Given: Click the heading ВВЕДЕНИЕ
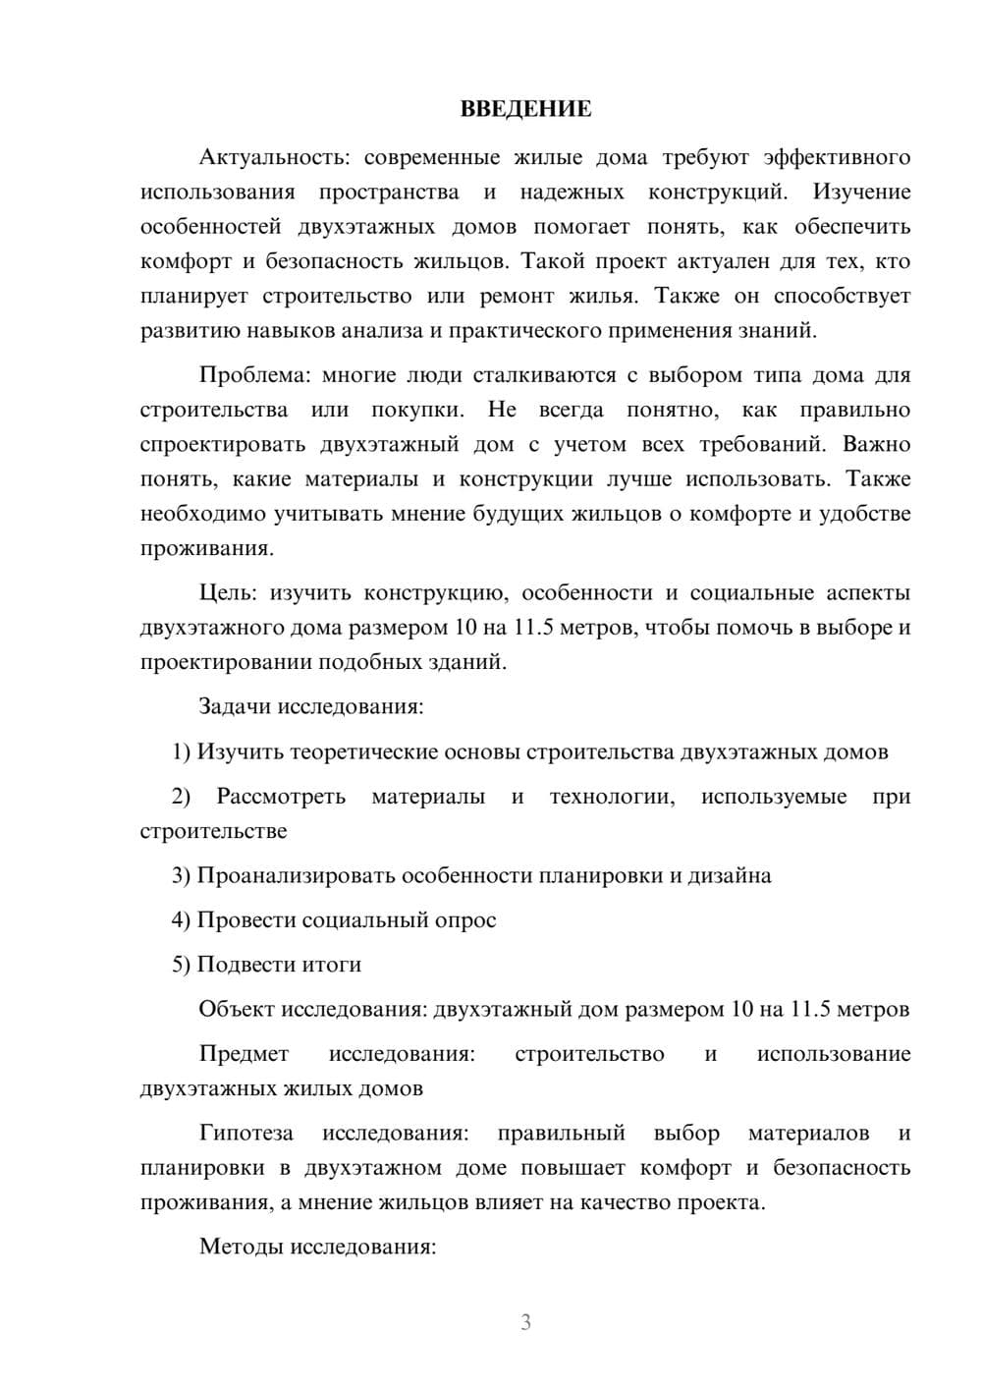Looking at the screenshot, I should pyautogui.click(x=525, y=109).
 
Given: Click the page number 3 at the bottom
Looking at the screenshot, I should pyautogui.click(x=525, y=1322).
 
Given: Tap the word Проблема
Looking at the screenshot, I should pyautogui.click(x=252, y=375).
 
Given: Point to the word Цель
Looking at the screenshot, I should pyautogui.click(x=227, y=593).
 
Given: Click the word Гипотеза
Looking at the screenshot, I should pyautogui.click(x=245, y=1134).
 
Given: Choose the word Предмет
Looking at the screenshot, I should pyautogui.click(x=244, y=1054).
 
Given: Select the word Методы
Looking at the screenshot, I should pyautogui.click(x=240, y=1248).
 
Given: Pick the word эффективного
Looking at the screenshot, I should pyautogui.click(x=837, y=157).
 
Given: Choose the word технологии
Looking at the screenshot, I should pyautogui.click(x=612, y=797).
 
